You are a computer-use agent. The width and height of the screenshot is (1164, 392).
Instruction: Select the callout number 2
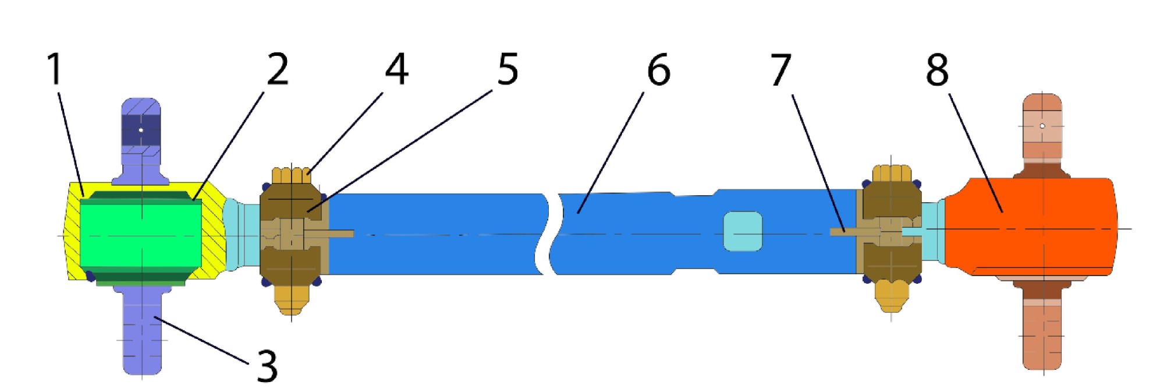tap(278, 69)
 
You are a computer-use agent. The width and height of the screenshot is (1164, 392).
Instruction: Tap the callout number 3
tap(267, 366)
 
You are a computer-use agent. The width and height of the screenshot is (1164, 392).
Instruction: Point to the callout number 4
tap(396, 69)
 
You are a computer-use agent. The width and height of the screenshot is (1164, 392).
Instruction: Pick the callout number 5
tap(508, 69)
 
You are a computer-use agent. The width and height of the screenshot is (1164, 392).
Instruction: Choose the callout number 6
tap(659, 69)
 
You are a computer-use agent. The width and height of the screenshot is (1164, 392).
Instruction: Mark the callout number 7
tap(781, 69)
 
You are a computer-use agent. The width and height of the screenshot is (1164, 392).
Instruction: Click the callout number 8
tap(937, 69)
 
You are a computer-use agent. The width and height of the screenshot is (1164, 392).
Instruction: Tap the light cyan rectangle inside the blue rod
tap(743, 231)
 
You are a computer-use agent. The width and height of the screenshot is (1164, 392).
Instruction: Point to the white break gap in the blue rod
tap(551, 233)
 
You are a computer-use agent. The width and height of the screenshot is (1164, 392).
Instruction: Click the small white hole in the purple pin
tap(141, 129)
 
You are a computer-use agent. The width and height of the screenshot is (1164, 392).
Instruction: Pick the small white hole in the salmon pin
tap(1042, 126)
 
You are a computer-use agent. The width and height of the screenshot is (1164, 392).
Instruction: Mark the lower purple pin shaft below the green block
tap(142, 329)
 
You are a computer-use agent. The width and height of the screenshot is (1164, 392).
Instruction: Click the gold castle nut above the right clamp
tap(891, 174)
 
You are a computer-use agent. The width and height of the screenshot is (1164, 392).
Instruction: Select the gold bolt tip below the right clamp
tap(891, 296)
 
